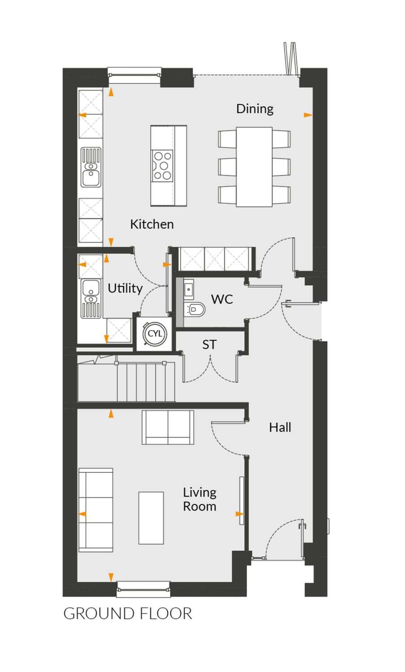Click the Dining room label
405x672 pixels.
coord(255,109)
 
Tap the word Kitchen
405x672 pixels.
coord(152,224)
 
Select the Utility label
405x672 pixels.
coord(125,289)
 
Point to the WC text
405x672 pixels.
coord(222,299)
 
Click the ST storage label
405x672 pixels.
coord(209,345)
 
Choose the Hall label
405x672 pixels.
coord(280,427)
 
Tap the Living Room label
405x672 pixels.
coord(200,500)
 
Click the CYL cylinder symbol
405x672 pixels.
coord(155,334)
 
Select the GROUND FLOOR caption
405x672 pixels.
coord(128,613)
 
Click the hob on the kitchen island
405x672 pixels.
coord(162,165)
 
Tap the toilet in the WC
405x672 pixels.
coord(195,309)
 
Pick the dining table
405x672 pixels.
coord(254,167)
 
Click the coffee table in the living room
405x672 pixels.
coord(151,518)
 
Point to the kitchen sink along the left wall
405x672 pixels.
coord(91,167)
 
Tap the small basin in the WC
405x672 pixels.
coord(189,288)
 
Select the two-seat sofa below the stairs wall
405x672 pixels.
coord(168,427)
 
